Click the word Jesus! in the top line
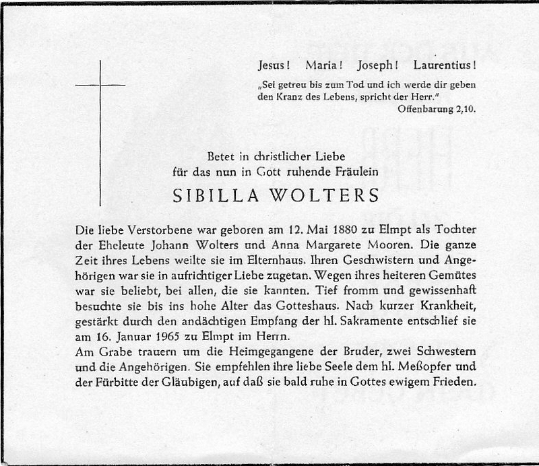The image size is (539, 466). [x=274, y=66]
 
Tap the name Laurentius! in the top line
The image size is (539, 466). [x=445, y=66]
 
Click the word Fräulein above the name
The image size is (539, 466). [x=353, y=172]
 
